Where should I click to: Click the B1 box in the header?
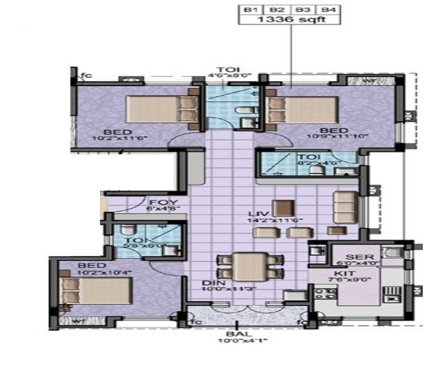point(249,10)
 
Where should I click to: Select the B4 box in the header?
point(328,10)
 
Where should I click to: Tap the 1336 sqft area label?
point(289,20)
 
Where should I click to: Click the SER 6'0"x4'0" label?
point(361,260)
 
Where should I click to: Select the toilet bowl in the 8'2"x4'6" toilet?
point(315,170)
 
